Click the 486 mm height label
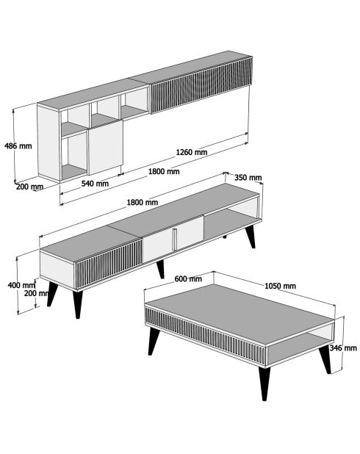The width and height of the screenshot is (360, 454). click(18, 145)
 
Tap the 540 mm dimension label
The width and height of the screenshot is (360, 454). click(95, 184)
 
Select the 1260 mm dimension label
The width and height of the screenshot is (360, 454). click(191, 152)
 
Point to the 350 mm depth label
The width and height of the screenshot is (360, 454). click(248, 177)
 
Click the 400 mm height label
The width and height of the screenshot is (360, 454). click(18, 285)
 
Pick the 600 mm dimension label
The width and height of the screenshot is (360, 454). click(189, 279)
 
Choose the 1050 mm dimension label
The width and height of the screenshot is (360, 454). click(280, 286)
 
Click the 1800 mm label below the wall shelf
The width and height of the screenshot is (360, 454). click(164, 172)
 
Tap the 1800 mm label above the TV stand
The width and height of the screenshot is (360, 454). click(142, 202)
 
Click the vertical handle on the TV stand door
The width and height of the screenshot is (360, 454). click(176, 238)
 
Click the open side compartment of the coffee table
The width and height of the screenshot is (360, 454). click(300, 345)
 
